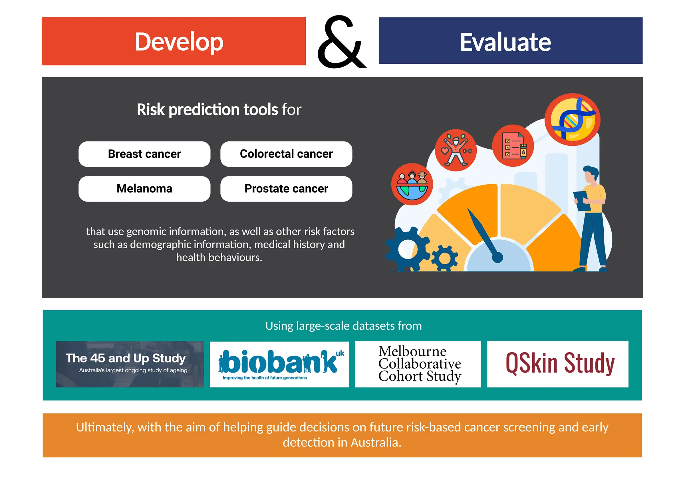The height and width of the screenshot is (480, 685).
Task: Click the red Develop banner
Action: tap(174, 41)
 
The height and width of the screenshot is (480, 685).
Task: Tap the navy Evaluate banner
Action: tap(511, 41)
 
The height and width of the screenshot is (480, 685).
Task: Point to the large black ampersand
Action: tap(341, 42)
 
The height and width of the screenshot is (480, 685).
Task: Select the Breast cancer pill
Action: tap(144, 154)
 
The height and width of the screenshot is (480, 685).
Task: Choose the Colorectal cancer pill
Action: tap(286, 154)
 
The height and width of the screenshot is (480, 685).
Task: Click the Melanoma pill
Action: tap(144, 189)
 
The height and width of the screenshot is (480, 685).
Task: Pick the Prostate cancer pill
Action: tap(286, 189)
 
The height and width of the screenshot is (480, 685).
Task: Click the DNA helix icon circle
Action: tap(573, 119)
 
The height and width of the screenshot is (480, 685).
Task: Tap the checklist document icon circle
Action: tap(513, 145)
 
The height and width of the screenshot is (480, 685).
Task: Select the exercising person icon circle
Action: tap(456, 150)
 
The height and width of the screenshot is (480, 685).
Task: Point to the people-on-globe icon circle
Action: tap(412, 184)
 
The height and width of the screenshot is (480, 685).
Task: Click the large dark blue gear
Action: tap(407, 249)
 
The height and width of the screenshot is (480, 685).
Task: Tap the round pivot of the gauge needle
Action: tap(497, 257)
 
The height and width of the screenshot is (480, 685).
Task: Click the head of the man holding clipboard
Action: tap(591, 175)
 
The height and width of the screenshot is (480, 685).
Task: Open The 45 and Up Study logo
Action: tap(130, 364)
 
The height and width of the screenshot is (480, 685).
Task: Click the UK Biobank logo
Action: tap(279, 364)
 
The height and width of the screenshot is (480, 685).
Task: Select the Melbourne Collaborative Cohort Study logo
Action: tap(418, 364)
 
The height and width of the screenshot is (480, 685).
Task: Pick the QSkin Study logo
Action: tap(558, 364)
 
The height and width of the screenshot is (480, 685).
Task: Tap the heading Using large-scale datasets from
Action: tap(343, 326)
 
